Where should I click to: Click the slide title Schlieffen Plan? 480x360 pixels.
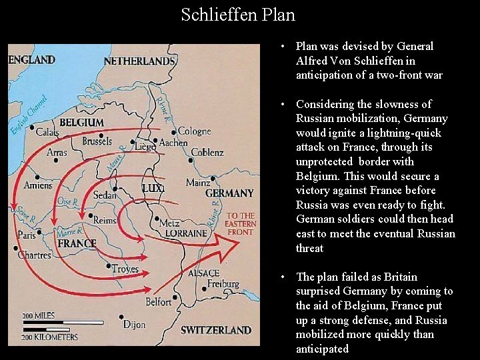(238, 14)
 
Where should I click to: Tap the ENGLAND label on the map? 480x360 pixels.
(32, 60)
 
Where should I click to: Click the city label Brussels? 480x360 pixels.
(97, 141)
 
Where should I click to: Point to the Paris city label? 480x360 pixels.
(27, 235)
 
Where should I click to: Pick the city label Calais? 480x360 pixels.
(47, 132)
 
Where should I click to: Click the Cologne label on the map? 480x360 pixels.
(194, 131)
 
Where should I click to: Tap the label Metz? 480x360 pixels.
(169, 223)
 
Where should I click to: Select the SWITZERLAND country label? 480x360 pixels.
(216, 330)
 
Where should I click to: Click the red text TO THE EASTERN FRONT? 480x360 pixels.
(240, 224)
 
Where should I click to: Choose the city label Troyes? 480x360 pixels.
(125, 269)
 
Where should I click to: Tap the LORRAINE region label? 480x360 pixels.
(186, 233)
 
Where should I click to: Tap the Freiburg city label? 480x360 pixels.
(223, 283)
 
